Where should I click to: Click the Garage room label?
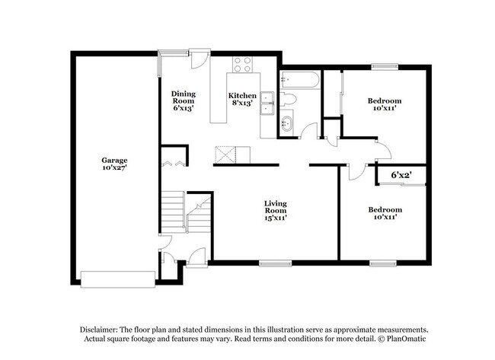(x=114, y=160)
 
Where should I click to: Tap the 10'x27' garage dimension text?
(x=114, y=168)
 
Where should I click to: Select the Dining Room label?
(x=184, y=97)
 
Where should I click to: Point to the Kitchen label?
(x=242, y=96)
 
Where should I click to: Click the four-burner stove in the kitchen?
(x=243, y=65)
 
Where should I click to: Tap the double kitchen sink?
(x=267, y=103)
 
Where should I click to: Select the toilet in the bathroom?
(x=289, y=99)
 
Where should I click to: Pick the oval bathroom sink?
(x=287, y=123)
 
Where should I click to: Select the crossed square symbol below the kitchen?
(x=225, y=154)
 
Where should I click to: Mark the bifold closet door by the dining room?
(x=171, y=163)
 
